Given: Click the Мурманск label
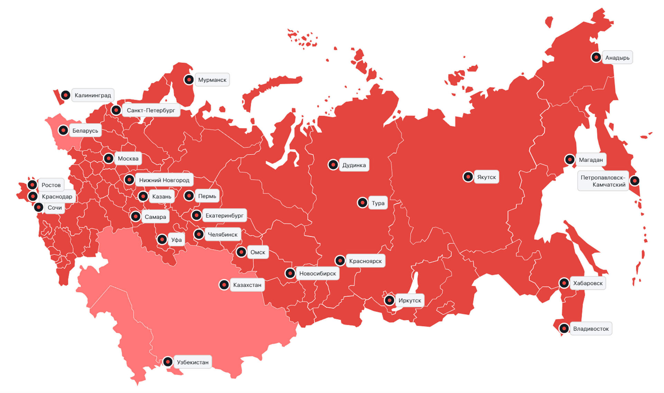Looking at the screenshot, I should click(x=212, y=80).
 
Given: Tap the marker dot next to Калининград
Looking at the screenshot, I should click(x=66, y=95).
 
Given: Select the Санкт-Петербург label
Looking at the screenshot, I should click(x=151, y=110).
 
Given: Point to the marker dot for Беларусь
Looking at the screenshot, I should click(x=63, y=130).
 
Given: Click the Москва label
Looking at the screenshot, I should click(x=128, y=159).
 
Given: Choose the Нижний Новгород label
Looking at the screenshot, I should click(x=164, y=180).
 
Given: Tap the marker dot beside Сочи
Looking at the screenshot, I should click(x=39, y=207).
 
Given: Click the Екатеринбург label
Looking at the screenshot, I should click(x=224, y=215).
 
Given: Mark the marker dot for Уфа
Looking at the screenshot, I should click(x=162, y=239).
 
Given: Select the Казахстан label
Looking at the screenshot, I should click(x=247, y=285).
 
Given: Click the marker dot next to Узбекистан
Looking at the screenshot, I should click(x=168, y=362).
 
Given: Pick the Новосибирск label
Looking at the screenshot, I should click(x=317, y=274).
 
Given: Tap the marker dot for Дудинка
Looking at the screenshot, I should click(x=333, y=165).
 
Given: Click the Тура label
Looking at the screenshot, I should click(x=378, y=203).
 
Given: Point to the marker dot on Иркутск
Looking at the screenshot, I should click(x=389, y=300).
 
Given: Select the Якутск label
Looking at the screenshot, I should click(x=486, y=177).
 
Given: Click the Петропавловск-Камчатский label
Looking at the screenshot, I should click(x=603, y=181).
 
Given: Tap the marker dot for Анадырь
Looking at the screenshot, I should click(x=596, y=57).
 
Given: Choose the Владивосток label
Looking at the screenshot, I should click(x=591, y=329).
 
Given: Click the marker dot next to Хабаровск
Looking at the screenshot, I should click(x=564, y=283).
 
